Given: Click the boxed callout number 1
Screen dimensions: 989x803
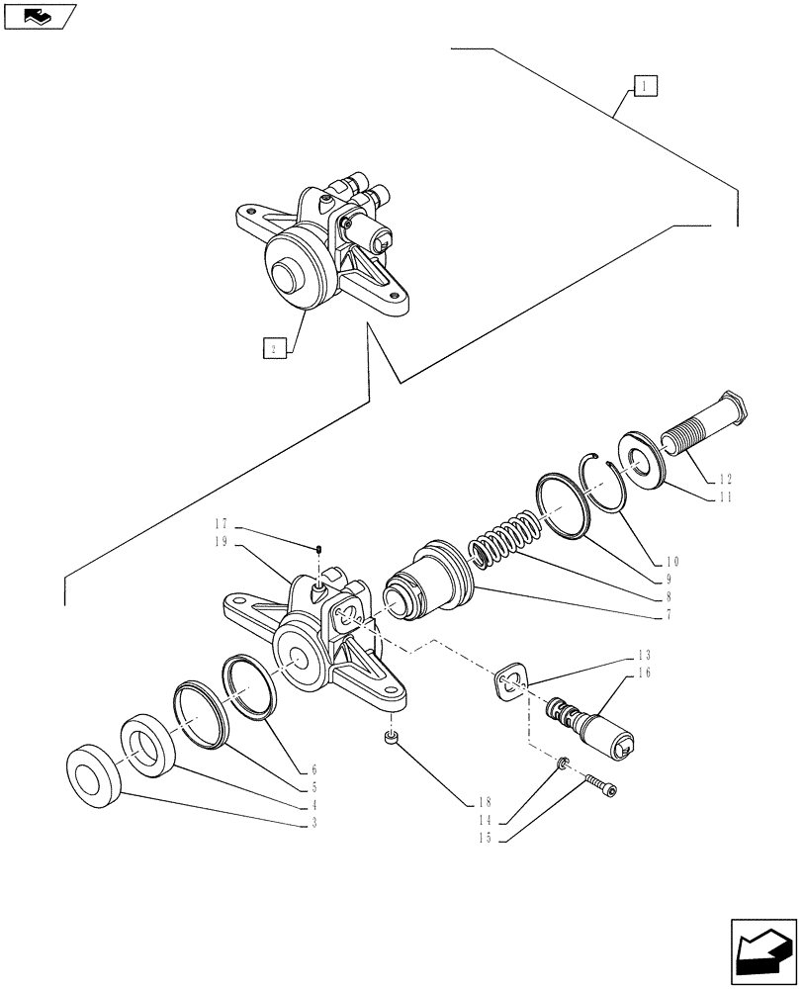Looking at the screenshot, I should coord(643,87).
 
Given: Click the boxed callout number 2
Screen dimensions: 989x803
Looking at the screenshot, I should coord(275,347).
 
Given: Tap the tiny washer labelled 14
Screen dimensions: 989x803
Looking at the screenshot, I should coord(561,764).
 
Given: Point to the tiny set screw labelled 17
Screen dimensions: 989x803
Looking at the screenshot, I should coord(319,549).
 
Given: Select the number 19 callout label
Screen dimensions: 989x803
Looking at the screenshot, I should coord(220,542).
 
